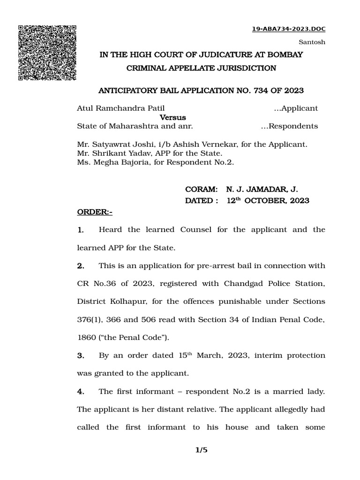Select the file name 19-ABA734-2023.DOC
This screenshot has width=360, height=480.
[289, 29]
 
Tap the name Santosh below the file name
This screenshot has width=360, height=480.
[312, 42]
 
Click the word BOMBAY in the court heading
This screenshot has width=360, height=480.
[285, 55]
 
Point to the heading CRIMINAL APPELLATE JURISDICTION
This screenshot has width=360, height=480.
[202, 68]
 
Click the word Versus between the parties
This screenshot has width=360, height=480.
[173, 117]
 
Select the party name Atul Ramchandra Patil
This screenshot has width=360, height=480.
[120, 108]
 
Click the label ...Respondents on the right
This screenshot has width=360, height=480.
[289, 126]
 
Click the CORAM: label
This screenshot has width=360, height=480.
[202, 189]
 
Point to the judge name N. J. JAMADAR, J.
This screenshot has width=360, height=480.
[262, 189]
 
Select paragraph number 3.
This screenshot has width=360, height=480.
[80, 356]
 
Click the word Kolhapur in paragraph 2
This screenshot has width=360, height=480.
[123, 302]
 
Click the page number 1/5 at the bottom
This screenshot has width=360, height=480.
[201, 450]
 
